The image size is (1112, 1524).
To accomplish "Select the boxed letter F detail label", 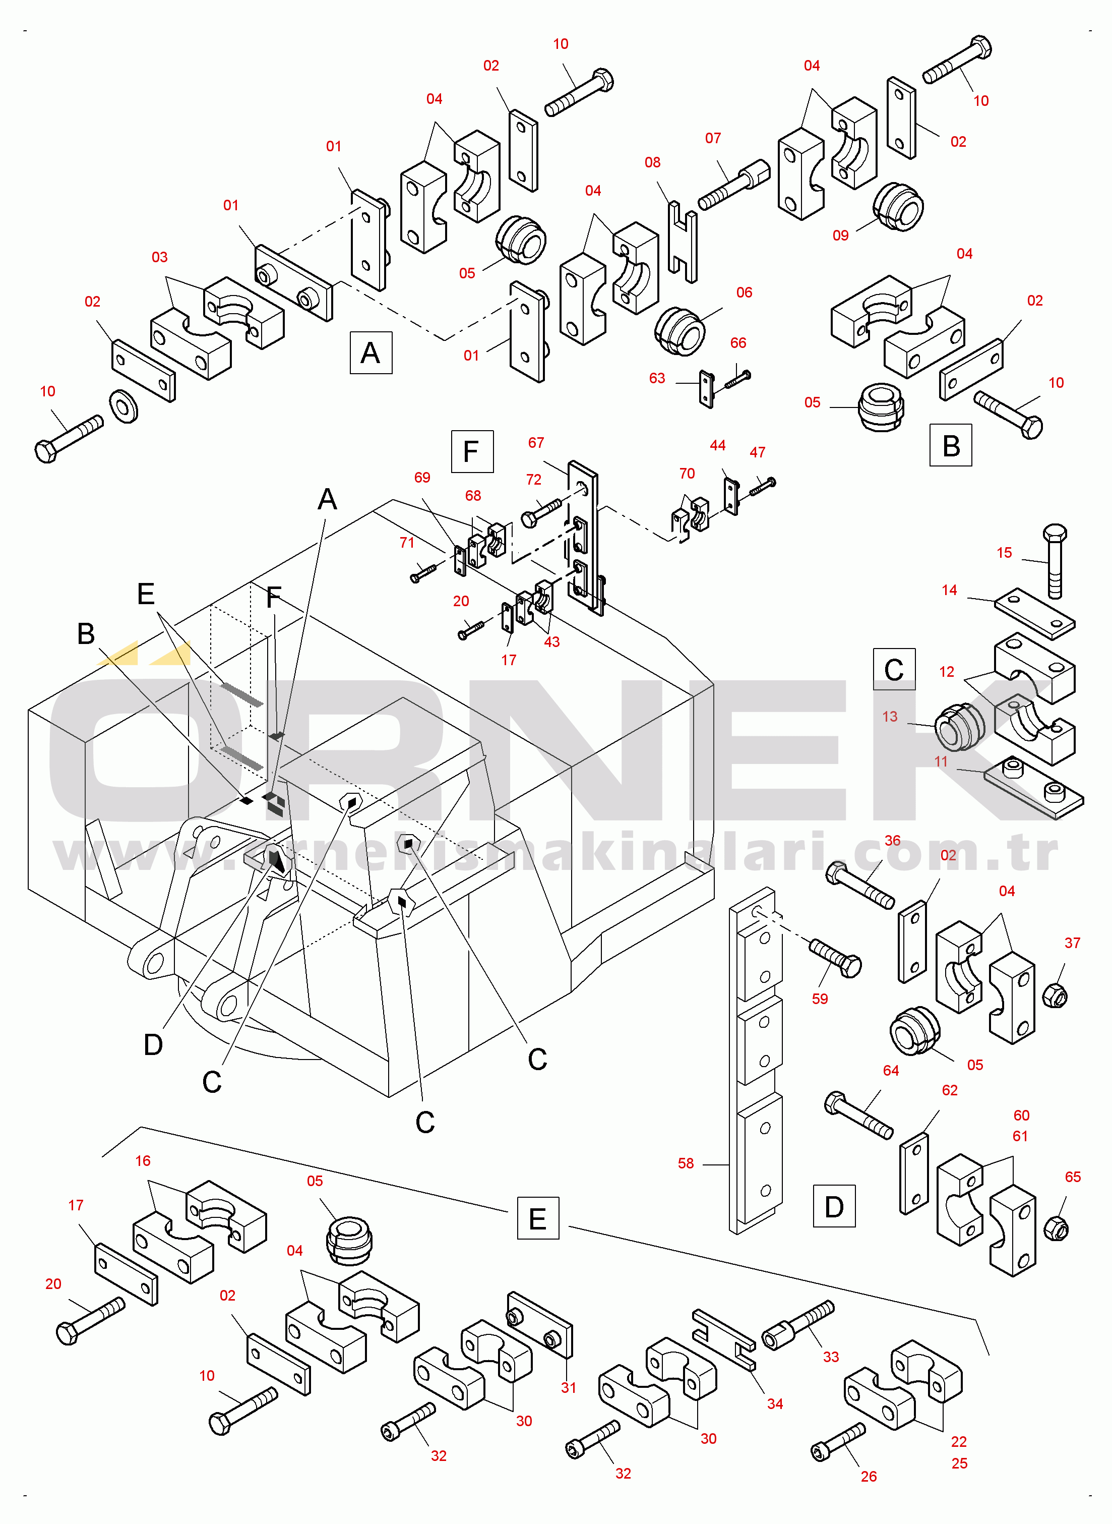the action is pyautogui.click(x=472, y=451).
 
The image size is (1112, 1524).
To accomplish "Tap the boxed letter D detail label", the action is pyautogui.click(x=834, y=1206).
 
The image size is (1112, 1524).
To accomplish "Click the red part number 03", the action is pyautogui.click(x=159, y=257).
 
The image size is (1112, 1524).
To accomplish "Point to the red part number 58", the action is pyautogui.click(x=686, y=1163).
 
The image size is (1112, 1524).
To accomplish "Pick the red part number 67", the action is pyautogui.click(x=536, y=442).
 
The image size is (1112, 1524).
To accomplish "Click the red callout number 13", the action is pyautogui.click(x=890, y=717).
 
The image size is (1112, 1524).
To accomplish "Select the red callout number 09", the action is pyautogui.click(x=841, y=236).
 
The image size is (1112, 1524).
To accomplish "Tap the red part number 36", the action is pyautogui.click(x=893, y=841).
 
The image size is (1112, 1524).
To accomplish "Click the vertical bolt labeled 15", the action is pyautogui.click(x=1054, y=561).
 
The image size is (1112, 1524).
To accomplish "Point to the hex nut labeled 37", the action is pyautogui.click(x=1055, y=995).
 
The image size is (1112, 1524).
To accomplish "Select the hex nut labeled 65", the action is pyautogui.click(x=1056, y=1228).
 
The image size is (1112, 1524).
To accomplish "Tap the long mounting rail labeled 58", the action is pyautogui.click(x=756, y=1061).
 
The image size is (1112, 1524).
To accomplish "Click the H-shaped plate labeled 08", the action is pyautogui.click(x=683, y=242).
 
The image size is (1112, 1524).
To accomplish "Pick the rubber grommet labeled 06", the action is pyautogui.click(x=680, y=331).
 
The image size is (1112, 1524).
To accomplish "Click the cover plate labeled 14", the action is pyautogui.click(x=1034, y=613).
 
